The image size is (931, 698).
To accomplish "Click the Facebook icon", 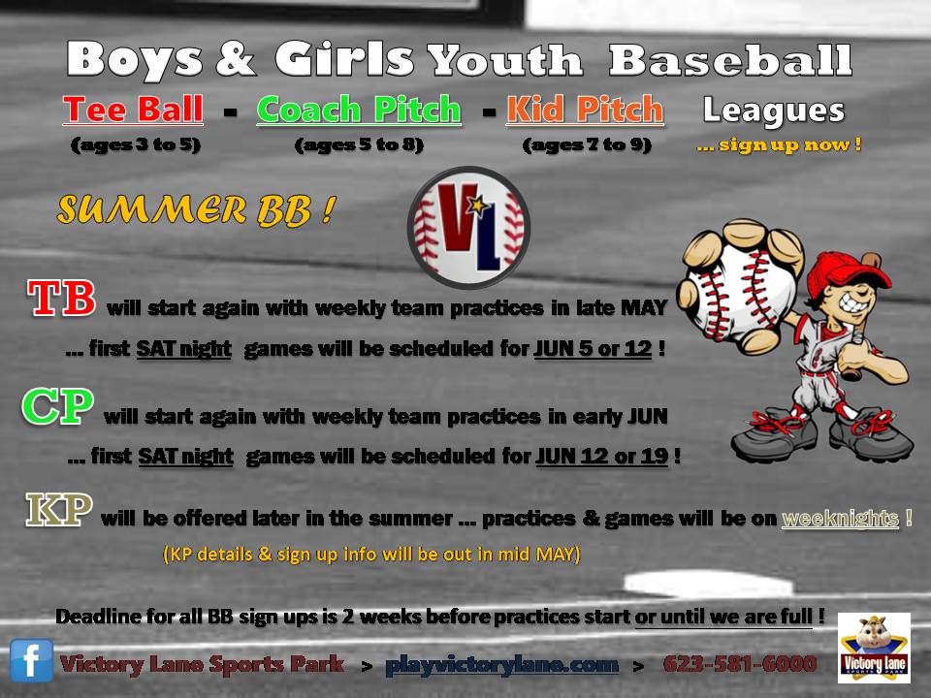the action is tap(31, 660).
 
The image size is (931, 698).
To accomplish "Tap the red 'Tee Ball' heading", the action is tap(133, 110).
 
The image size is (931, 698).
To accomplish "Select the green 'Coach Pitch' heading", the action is tap(359, 110).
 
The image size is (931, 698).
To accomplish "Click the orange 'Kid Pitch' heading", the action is tap(585, 110).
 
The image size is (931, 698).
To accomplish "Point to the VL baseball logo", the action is tap(468, 227).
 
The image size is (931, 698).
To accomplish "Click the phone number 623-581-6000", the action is tap(740, 663).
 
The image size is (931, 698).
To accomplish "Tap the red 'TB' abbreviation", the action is tap(61, 298).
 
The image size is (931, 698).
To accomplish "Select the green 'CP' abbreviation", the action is tap(57, 406).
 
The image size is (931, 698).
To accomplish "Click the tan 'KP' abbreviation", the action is tap(59, 509).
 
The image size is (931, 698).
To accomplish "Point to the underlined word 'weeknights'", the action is tap(840, 518).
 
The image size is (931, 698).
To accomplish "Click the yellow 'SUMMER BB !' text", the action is tap(196, 210).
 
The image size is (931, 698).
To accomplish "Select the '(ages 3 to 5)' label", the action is tap(136, 144).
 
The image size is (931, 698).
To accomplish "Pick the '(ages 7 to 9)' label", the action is tap(587, 144).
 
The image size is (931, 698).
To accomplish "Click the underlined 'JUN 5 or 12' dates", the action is tap(593, 348).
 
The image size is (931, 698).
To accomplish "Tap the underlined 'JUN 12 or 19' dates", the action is tap(602, 457).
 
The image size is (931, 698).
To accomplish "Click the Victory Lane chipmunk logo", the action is tap(874, 649).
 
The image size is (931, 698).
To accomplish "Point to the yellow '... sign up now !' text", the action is tap(779, 144).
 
